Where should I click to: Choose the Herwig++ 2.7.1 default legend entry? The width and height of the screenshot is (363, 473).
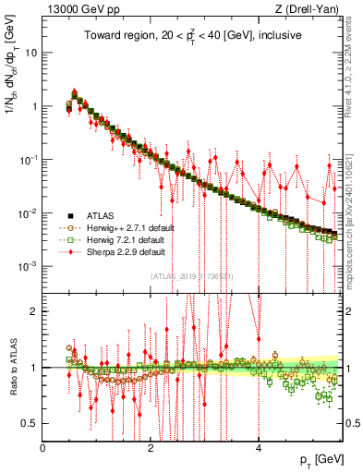(119, 227)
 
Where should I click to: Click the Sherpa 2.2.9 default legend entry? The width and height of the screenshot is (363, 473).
(117, 251)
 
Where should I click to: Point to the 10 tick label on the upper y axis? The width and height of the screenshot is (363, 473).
(30, 53)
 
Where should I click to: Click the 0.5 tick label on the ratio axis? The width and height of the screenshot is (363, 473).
(29, 423)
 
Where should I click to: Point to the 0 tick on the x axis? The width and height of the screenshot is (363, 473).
(43, 448)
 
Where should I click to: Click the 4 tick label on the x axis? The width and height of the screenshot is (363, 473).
(258, 448)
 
